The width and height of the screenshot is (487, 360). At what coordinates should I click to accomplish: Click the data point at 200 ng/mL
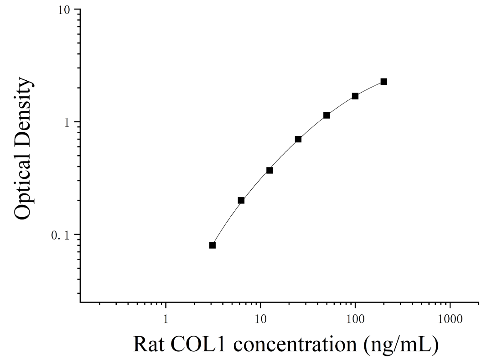click(384, 82)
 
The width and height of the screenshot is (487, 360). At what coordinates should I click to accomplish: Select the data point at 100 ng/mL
click(355, 96)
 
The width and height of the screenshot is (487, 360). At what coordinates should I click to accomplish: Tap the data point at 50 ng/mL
click(326, 115)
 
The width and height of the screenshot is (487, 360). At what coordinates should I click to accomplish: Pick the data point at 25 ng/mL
click(298, 139)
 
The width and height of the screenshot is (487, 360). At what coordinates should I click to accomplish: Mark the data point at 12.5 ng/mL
click(269, 170)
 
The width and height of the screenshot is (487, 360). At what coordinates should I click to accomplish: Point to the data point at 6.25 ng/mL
click(241, 200)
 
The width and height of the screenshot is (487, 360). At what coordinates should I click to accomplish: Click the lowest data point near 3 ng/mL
click(212, 245)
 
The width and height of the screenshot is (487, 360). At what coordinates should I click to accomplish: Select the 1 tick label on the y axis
click(67, 122)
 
